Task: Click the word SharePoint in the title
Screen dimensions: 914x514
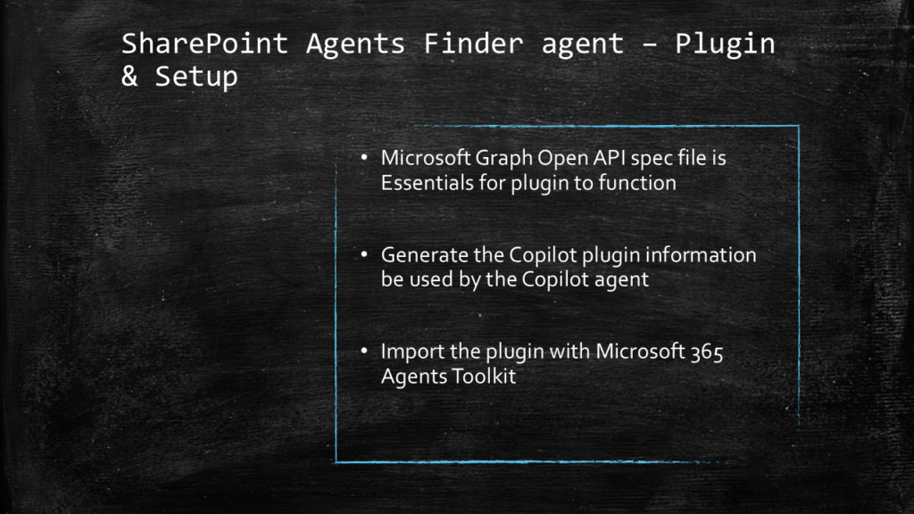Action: click(204, 45)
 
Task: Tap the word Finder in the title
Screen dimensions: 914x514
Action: click(473, 43)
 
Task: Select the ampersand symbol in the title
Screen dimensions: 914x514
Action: click(129, 77)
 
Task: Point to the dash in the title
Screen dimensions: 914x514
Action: click(650, 45)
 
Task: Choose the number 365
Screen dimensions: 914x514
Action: click(707, 352)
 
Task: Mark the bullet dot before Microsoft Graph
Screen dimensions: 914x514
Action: click(364, 157)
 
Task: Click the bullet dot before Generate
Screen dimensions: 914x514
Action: click(364, 254)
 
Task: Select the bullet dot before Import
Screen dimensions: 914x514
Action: click(364, 351)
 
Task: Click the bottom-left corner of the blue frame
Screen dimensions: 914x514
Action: click(337, 462)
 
